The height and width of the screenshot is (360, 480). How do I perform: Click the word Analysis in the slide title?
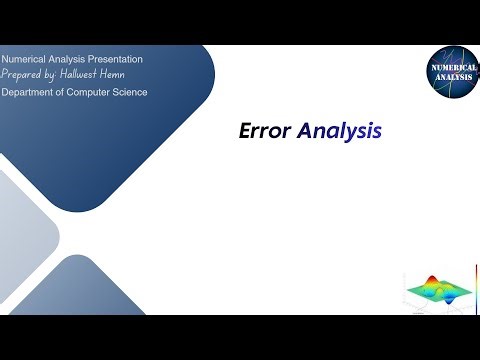tap(338, 130)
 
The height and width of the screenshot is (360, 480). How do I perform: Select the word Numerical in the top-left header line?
tap(23, 59)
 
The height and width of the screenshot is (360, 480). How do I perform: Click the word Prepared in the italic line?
tap(22, 75)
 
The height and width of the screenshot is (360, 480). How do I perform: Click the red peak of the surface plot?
tap(432, 281)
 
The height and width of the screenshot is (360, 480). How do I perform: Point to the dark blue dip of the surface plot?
tap(447, 293)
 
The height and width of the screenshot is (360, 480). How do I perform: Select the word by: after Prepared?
tap(51, 75)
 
